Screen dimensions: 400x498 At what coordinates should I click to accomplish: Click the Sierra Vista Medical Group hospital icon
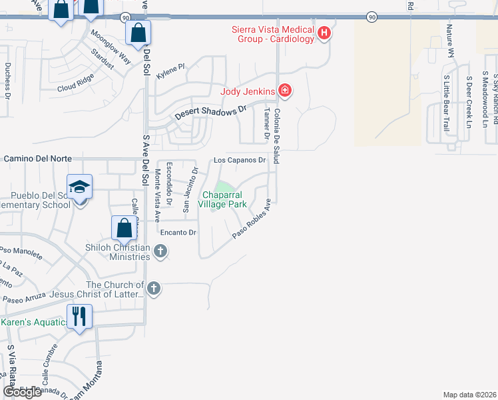coord(324,33)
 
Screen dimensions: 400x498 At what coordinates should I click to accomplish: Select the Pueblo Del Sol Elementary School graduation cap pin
coord(79,187)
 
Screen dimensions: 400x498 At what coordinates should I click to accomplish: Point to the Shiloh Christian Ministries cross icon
coord(160,251)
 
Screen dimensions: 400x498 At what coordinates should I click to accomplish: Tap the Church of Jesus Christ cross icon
coord(154,288)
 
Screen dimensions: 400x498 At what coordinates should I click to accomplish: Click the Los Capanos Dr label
coord(240,161)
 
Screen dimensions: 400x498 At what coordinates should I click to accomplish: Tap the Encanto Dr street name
coord(178,233)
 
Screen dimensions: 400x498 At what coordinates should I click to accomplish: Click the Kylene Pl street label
coord(170,71)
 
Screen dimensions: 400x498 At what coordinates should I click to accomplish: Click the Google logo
coord(22,392)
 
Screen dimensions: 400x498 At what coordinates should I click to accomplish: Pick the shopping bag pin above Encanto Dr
coord(124,228)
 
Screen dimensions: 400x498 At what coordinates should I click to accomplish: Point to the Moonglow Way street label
coord(111,45)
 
